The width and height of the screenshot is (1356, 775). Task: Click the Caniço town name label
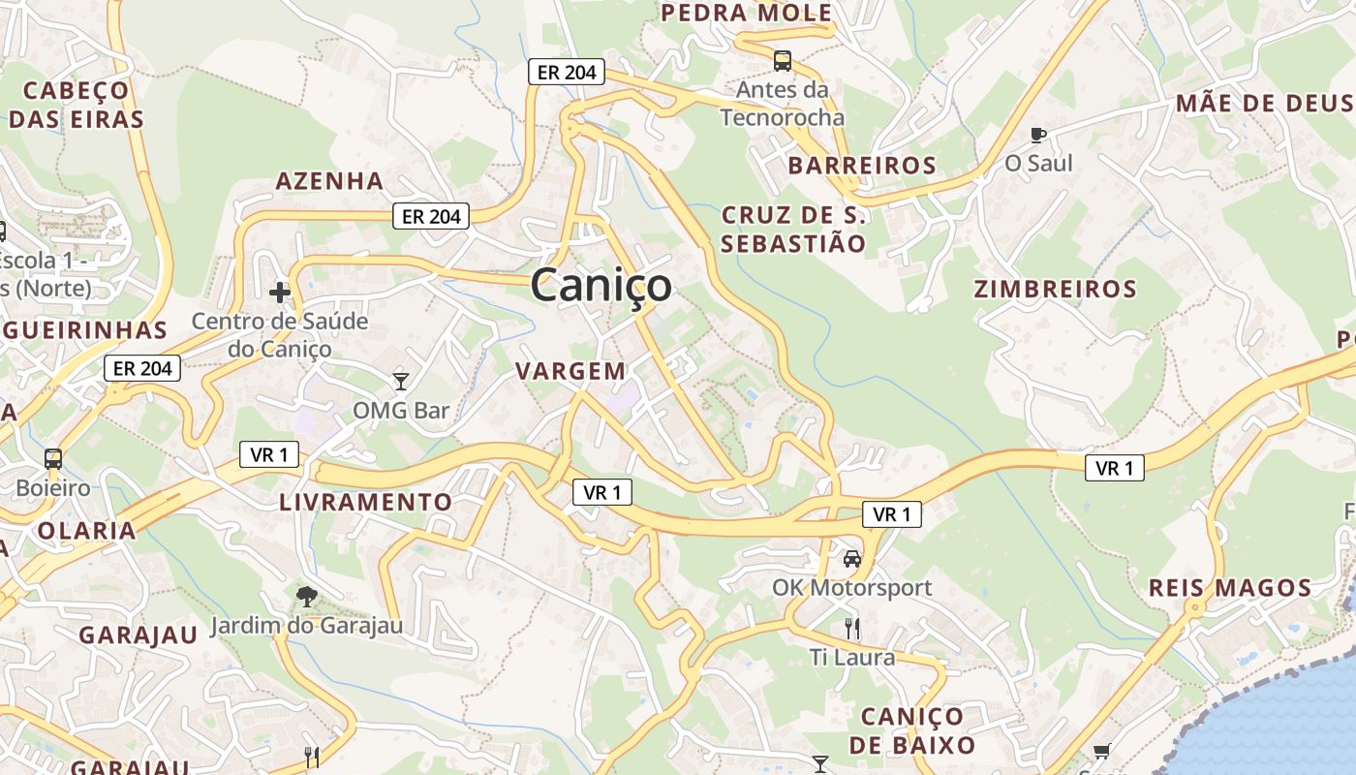coord(601,285)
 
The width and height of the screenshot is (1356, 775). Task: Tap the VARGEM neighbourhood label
coord(570,371)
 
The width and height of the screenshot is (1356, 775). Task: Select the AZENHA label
coord(329,181)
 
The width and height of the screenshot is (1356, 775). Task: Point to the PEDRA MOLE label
coord(746,13)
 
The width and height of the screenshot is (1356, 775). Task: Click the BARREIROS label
coord(862,166)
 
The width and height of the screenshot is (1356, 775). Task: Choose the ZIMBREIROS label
coord(1055,289)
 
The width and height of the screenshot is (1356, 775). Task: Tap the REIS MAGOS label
coord(1229,588)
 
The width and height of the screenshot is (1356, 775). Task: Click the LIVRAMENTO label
coord(365,502)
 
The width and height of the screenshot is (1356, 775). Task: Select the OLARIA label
coord(86,531)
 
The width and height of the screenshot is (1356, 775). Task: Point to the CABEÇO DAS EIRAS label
coord(77,105)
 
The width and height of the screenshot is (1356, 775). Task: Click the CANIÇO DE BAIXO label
coord(912,730)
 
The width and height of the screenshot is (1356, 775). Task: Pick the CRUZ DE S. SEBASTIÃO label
coord(793,229)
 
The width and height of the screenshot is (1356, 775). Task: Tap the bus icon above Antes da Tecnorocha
coord(783,61)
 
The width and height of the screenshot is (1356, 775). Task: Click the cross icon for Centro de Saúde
coord(280,292)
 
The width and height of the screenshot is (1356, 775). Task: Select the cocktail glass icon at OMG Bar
coord(401,381)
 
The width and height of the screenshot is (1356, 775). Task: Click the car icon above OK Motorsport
coord(852,558)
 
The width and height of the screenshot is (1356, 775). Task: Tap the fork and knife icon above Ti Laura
coord(852,628)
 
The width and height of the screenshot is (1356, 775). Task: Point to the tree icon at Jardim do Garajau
coord(306,595)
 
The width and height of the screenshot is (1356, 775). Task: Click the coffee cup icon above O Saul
coord(1038,135)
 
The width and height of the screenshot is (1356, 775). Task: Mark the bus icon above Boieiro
coord(53,458)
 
